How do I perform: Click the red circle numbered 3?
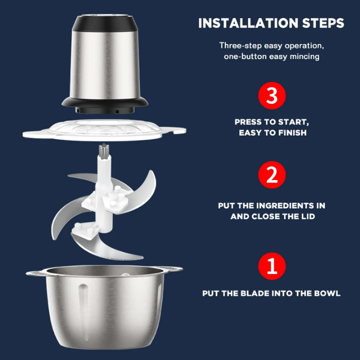pos(272,95)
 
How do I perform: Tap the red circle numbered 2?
pos(272,175)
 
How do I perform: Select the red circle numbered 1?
pos(272,266)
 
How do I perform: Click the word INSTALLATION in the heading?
pos(248,23)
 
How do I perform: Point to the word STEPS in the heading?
pos(323,23)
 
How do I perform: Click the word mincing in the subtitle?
pos(304,56)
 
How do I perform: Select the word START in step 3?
pos(293,122)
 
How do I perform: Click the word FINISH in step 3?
pos(292,133)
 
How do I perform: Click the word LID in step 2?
pos(308,216)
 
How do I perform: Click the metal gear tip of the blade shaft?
pos(104,150)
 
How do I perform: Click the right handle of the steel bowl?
pos(171,269)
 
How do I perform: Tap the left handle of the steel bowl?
pos(36,273)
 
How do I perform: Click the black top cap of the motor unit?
pos(105,23)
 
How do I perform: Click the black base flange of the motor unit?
pos(104,105)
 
